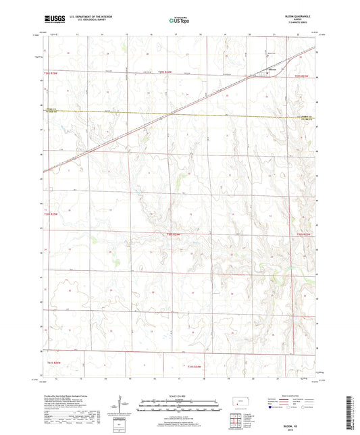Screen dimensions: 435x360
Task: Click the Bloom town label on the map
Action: click(273, 70)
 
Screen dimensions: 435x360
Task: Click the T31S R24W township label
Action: click(193, 365)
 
